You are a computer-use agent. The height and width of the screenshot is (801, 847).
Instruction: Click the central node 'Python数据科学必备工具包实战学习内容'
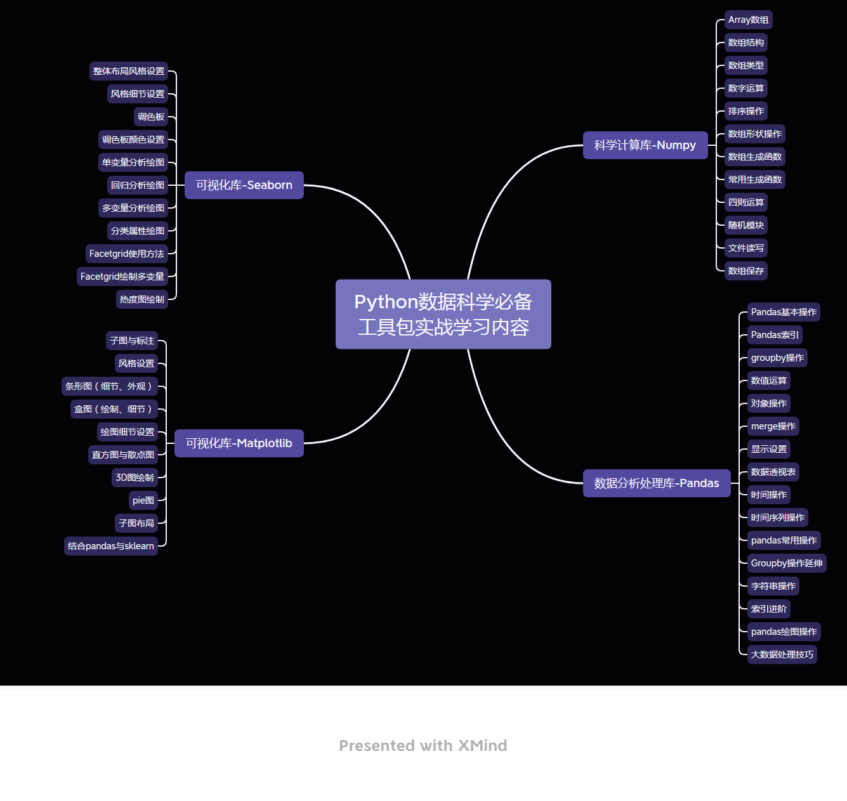(443, 314)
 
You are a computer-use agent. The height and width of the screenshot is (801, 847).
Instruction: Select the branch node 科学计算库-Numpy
(645, 145)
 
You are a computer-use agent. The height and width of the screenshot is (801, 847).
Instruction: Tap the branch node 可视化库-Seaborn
(244, 185)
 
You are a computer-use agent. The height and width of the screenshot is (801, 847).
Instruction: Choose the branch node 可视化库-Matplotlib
(239, 443)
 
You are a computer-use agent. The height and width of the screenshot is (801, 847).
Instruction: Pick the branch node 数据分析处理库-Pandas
(656, 483)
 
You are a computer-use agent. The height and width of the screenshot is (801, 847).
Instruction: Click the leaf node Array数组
(748, 20)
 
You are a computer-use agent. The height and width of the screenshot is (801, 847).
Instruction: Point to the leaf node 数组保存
(745, 271)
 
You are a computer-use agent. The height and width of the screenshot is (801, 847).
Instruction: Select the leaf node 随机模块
(745, 225)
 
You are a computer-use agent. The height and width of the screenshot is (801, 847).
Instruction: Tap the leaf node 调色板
(151, 117)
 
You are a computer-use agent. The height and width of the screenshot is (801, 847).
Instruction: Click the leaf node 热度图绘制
(142, 299)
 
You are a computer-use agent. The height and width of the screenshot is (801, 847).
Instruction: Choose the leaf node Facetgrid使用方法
(127, 254)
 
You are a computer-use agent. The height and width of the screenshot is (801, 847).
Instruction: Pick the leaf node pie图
(143, 500)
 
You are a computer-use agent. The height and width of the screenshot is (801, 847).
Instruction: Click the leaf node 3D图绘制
(135, 478)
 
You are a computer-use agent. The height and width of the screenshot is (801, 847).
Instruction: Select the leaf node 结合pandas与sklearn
(111, 546)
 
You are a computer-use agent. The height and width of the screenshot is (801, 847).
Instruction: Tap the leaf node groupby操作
(777, 358)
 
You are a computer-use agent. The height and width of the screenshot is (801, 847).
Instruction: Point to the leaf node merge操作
(773, 426)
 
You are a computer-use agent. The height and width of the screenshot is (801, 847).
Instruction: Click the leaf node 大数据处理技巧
(782, 654)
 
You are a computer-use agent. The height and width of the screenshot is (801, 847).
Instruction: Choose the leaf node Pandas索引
(775, 335)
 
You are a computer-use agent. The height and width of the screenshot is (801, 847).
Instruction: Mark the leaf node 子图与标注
(132, 341)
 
